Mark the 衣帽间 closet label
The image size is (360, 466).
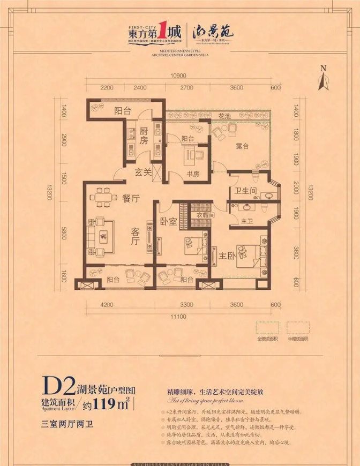pos(205,215)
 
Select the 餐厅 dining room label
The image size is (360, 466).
pos(131,198)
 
